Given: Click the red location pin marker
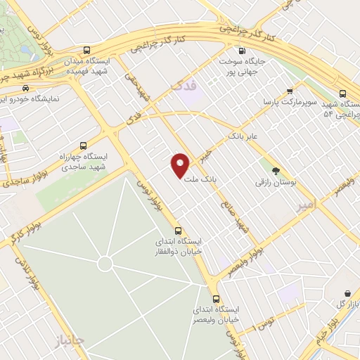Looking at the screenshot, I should pyautogui.click(x=181, y=165).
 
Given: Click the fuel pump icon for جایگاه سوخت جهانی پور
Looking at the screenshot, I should pyautogui.click(x=242, y=51).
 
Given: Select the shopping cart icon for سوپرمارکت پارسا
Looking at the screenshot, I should pyautogui.click(x=290, y=91).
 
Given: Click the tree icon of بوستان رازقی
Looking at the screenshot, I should pyautogui.click(x=276, y=170).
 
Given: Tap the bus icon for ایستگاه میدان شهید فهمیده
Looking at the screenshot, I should pyautogui.click(x=86, y=50).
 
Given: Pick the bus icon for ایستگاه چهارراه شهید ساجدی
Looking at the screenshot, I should pyautogui.click(x=84, y=146).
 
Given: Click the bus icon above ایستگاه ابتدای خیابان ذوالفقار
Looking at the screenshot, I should pyautogui.click(x=178, y=230).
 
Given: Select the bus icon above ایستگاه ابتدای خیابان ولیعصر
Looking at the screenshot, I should pyautogui.click(x=217, y=297).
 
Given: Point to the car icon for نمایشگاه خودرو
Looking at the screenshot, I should pyautogui.click(x=25, y=89).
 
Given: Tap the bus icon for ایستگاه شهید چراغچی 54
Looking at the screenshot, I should pyautogui.click(x=342, y=93).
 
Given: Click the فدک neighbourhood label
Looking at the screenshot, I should pyautogui.click(x=181, y=85).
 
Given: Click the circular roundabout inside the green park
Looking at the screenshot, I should pyautogui.click(x=105, y=264).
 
